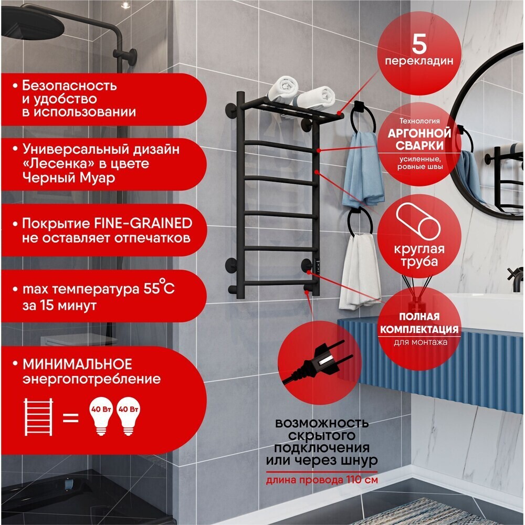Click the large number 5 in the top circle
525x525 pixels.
(x=419, y=44)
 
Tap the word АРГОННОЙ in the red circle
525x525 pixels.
(x=419, y=133)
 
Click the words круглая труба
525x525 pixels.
(x=419, y=255)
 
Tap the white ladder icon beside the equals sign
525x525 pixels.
(x=38, y=417)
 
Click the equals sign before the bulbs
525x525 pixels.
(x=71, y=418)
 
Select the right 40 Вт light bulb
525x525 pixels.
(x=128, y=416)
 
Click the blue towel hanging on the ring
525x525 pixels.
(x=362, y=170)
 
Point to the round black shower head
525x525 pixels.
(x=32, y=23)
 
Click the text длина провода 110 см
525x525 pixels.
(x=322, y=480)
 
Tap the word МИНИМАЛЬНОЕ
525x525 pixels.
(x=77, y=364)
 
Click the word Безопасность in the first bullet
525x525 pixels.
(x=70, y=86)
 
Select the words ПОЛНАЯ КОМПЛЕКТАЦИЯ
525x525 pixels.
(x=419, y=323)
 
